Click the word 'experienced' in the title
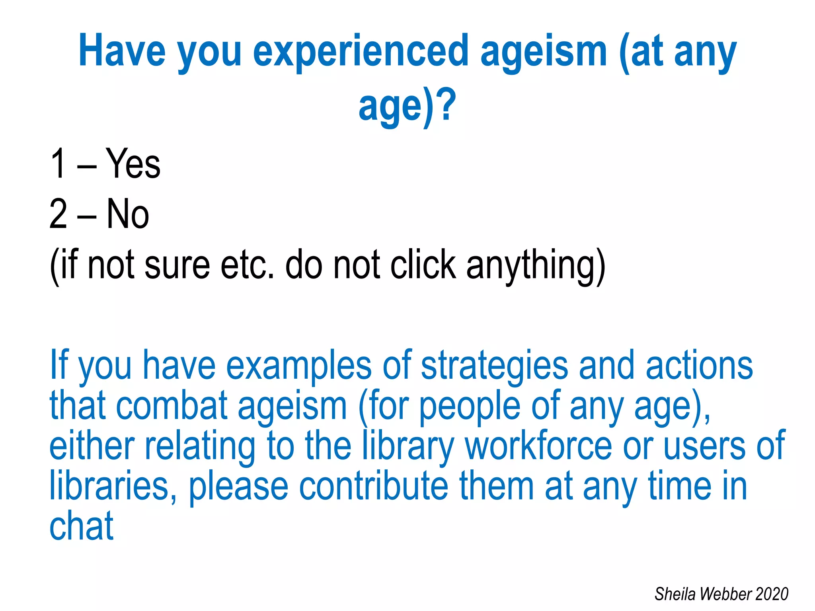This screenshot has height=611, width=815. (361, 52)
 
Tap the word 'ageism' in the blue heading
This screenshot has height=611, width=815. (544, 52)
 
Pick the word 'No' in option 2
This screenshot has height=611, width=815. (128, 214)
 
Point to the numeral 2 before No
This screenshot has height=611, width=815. (58, 214)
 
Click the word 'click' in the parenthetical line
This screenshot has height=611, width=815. (423, 265)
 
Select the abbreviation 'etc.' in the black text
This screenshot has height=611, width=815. (247, 265)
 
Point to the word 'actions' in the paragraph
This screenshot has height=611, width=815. (699, 365)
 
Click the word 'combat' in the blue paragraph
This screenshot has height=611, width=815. (172, 406)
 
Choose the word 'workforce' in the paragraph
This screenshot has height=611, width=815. (538, 446)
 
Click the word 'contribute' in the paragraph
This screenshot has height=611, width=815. (373, 486)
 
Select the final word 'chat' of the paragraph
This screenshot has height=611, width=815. (82, 526)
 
